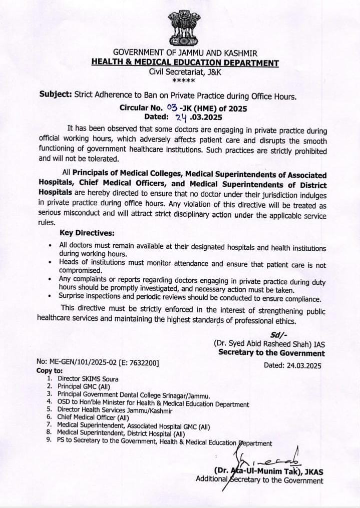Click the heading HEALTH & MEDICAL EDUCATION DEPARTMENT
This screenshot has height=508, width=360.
(185, 63)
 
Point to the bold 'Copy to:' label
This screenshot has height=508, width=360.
(50, 371)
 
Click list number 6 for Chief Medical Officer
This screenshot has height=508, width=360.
(49, 417)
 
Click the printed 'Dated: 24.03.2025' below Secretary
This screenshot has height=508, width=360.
(292, 365)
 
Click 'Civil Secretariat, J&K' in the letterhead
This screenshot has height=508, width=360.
(185, 72)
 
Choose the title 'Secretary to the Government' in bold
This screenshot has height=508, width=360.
(271, 353)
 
